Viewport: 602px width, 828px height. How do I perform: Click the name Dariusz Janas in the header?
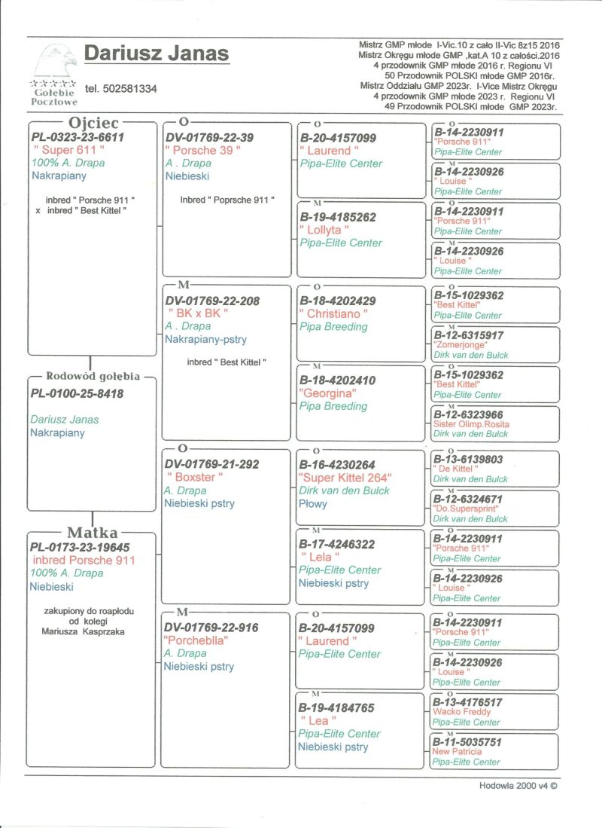pyautogui.click(x=157, y=54)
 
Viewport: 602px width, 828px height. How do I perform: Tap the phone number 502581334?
pyautogui.click(x=120, y=89)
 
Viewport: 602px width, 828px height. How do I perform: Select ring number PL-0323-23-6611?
pyautogui.click(x=78, y=138)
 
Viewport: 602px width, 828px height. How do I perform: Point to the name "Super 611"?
pyautogui.click(x=68, y=151)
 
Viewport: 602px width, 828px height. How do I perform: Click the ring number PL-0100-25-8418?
pyautogui.click(x=78, y=393)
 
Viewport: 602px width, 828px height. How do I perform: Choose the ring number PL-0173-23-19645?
pyautogui.click(x=81, y=548)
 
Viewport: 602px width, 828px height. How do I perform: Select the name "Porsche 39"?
pyautogui.click(x=203, y=151)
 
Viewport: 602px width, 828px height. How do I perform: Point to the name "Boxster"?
pyautogui.click(x=194, y=477)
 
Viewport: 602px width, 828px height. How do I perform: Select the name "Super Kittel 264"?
pyautogui.click(x=345, y=477)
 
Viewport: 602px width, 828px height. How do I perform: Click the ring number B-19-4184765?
pyautogui.click(x=336, y=708)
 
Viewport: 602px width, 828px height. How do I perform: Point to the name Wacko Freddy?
pyautogui.click(x=462, y=712)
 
